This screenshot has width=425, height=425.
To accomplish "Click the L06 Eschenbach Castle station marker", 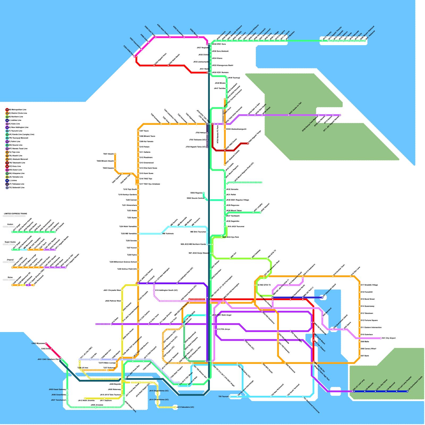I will click(x=407, y=391).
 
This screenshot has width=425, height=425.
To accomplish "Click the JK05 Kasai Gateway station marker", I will click(x=67, y=390).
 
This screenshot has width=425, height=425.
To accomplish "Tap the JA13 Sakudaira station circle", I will click(x=175, y=407).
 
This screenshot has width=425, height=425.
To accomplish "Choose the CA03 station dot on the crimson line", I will click(x=46, y=343).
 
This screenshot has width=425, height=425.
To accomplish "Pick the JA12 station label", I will click(x=86, y=401).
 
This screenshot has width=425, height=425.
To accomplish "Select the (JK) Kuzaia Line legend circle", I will click(x=7, y=134).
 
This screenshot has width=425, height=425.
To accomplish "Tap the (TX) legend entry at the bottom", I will click(x=16, y=188).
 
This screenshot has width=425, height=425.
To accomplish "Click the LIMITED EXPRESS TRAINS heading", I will click(x=15, y=214).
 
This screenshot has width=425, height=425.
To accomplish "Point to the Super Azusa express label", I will click(x=10, y=242).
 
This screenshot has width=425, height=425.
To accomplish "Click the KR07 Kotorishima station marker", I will click(x=142, y=49).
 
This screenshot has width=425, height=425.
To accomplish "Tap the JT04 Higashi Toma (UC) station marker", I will click(x=207, y=147).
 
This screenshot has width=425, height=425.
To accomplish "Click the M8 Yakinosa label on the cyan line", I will click(x=168, y=234).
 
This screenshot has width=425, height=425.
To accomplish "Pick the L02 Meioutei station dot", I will click(x=365, y=391).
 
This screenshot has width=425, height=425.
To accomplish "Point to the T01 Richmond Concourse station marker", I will click(x=303, y=397).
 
